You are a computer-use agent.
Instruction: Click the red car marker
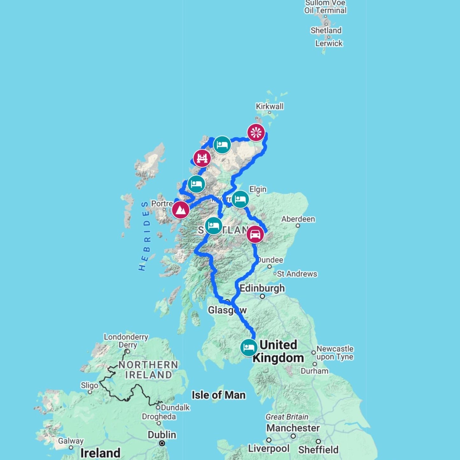255,234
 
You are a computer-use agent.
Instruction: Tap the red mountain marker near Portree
180,210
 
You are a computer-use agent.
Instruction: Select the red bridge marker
202,158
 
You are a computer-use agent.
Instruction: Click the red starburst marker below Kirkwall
256,132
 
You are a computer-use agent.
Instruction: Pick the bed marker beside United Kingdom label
249,347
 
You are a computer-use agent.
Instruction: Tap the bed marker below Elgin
240,199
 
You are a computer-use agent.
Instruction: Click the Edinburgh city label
262,288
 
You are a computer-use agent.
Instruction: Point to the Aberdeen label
298,219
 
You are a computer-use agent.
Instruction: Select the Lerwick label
329,43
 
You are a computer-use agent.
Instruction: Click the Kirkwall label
270,106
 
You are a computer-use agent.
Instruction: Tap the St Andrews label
297,274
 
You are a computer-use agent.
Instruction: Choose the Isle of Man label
218,395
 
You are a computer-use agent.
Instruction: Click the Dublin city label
162,435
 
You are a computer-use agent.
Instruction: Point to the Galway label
71,441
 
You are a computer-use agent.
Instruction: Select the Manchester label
293,428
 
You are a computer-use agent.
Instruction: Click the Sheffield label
318,449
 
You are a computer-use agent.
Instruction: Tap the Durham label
315,371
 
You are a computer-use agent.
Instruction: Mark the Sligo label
89,386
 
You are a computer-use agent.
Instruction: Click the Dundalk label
175,407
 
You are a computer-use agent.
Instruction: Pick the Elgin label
258,189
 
